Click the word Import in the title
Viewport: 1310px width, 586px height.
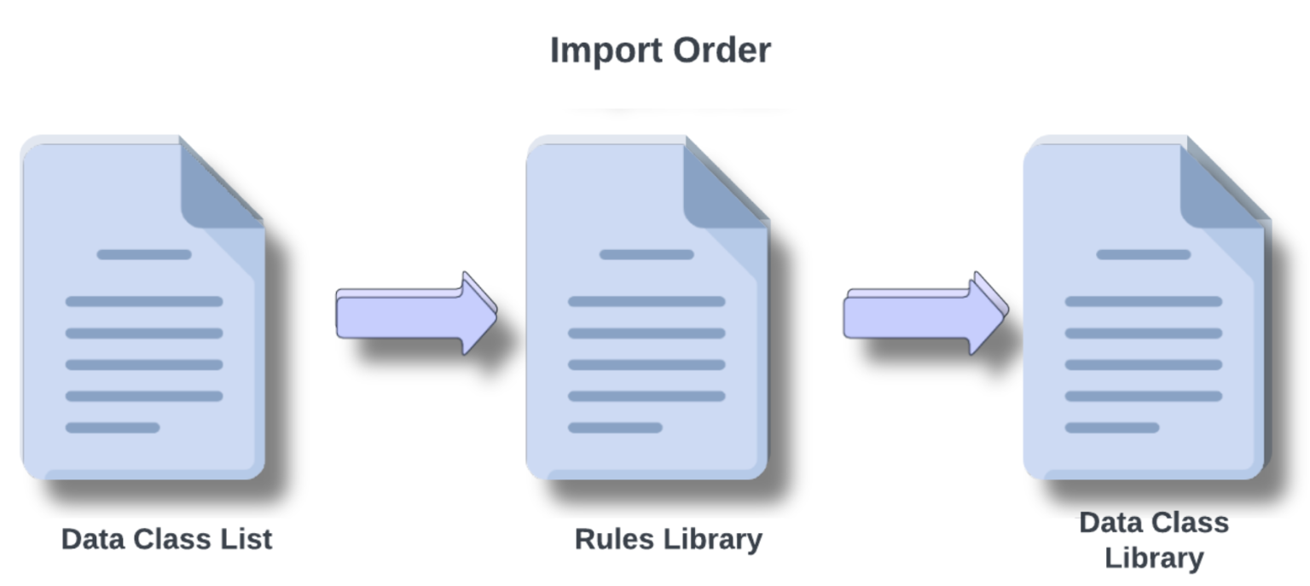pos(606,50)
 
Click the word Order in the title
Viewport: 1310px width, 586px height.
pos(722,50)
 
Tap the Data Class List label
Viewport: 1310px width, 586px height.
pos(167,539)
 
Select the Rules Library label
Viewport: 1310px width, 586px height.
pos(668,539)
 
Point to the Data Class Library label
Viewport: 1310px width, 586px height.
pos(1154,540)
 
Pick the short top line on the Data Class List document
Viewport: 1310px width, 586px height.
pos(144,254)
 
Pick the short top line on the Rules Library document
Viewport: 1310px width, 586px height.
pos(646,254)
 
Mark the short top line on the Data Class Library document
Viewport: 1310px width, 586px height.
pos(1143,254)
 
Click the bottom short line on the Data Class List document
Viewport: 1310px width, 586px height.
pos(113,427)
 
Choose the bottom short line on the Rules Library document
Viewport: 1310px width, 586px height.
pos(615,427)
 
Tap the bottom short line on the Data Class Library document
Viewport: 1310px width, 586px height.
pos(1112,427)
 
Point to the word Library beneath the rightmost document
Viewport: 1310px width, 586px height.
pos(1154,559)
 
